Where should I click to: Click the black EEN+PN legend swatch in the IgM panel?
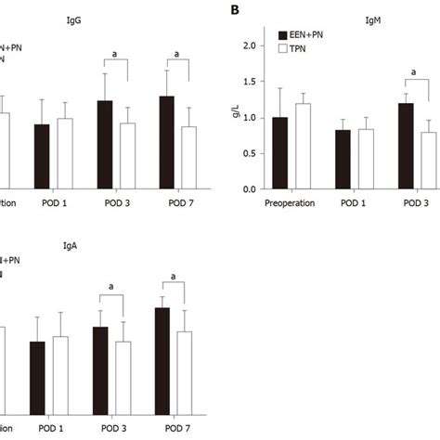click(x=284, y=36)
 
